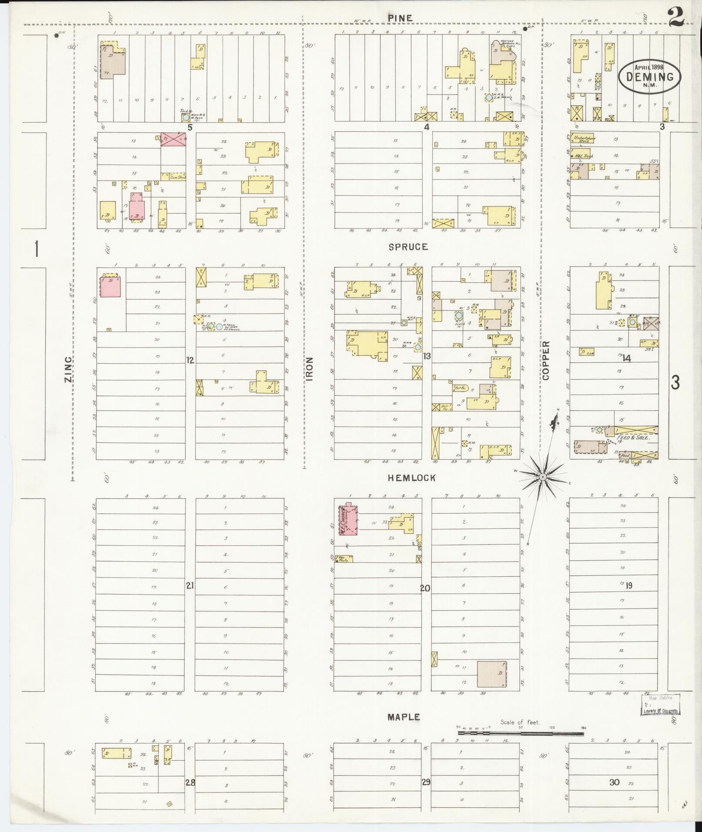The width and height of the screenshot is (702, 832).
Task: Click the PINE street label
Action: (400, 17)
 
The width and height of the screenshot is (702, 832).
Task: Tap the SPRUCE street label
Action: (408, 247)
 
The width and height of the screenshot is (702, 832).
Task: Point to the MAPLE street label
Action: (404, 717)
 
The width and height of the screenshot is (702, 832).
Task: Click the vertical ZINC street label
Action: (68, 370)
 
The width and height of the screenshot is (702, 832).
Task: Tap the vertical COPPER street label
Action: (546, 361)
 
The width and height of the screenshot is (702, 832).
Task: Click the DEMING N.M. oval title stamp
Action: (650, 76)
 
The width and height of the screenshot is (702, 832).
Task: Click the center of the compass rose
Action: (543, 477)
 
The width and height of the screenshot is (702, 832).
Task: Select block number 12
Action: (190, 360)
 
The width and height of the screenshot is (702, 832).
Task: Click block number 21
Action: (190, 585)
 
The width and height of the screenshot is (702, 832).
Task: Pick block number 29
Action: (426, 782)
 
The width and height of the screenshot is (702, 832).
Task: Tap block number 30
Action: (614, 782)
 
